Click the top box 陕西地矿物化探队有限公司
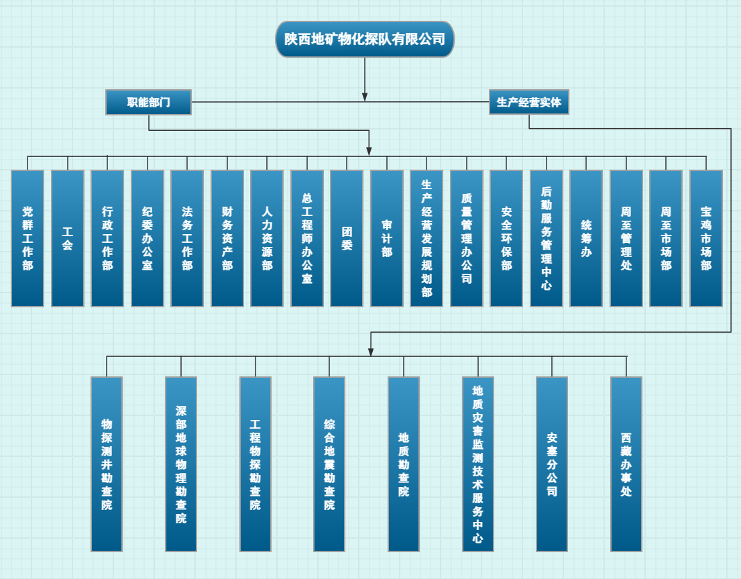(x=365, y=39)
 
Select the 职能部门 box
(x=148, y=102)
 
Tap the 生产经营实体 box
(x=528, y=102)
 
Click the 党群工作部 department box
(x=27, y=238)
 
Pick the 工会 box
(x=68, y=238)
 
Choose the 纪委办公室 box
(x=148, y=238)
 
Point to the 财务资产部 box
(x=227, y=238)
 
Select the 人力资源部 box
(x=267, y=238)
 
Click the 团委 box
(x=347, y=238)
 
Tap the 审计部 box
(x=387, y=238)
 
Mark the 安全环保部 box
(x=506, y=238)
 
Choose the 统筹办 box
(x=586, y=238)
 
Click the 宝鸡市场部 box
(x=706, y=238)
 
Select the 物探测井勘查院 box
(x=107, y=464)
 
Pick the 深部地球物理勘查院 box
(x=181, y=464)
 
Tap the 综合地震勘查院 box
(x=329, y=464)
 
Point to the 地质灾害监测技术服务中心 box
(x=478, y=464)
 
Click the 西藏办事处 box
(x=626, y=464)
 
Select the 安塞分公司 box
(x=552, y=464)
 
